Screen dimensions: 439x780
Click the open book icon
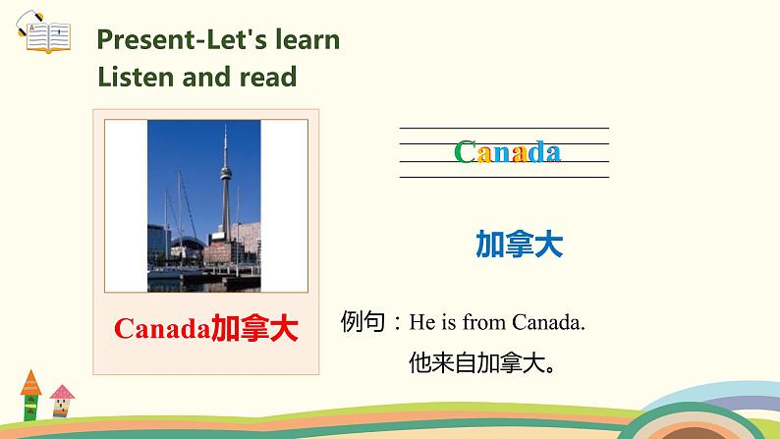tap(45, 35)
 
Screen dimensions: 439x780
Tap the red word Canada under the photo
tap(162, 329)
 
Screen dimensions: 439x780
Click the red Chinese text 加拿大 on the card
tap(254, 329)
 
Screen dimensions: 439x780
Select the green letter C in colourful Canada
tap(466, 152)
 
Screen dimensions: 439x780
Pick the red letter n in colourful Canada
tap(503, 153)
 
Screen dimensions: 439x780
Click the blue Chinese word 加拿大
tap(519, 245)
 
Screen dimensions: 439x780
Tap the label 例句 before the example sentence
tap(363, 321)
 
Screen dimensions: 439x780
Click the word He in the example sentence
tap(420, 322)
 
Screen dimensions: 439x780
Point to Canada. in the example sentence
tap(549, 322)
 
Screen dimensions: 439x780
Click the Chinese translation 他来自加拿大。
tap(482, 364)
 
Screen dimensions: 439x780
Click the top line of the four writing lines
tap(504, 128)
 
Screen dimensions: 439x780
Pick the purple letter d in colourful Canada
tap(535, 152)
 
